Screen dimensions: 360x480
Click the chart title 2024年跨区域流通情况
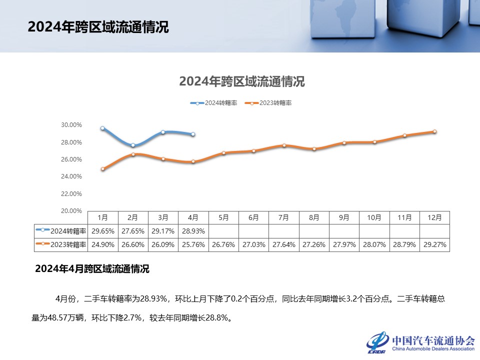coord(242,81)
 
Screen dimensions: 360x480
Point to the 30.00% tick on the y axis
coord(72,125)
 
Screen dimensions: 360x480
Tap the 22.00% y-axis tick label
coord(72,193)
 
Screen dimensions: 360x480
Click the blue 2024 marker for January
coord(102,128)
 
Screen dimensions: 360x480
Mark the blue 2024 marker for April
coord(193,134)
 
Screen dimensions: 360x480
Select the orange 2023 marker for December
coord(434,131)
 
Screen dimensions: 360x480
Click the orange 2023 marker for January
coord(102,169)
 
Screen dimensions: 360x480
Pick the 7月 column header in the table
coord(283,217)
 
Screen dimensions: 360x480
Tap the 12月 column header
coord(434,217)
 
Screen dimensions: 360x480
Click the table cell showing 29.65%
coord(102,231)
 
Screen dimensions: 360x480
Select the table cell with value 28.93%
coord(193,231)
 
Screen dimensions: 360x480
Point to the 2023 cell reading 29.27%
coord(434,245)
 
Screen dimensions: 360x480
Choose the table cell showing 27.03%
coord(253,245)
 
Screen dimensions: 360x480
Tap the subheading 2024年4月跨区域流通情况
coord(92,269)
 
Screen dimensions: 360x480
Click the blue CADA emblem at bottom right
coord(377,342)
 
